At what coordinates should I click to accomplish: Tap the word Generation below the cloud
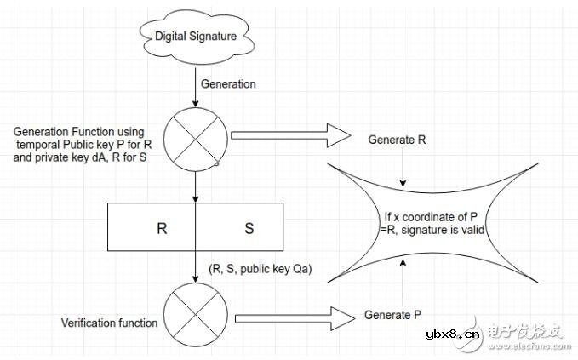(x=227, y=83)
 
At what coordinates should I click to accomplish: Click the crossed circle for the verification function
(x=197, y=311)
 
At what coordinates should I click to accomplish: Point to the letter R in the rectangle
(x=162, y=229)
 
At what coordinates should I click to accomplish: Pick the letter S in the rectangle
(x=249, y=229)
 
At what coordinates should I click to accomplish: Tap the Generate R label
(x=398, y=139)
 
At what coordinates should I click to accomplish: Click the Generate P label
(x=392, y=315)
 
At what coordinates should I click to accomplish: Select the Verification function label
(x=109, y=323)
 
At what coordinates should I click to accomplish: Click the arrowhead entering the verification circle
(x=197, y=282)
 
